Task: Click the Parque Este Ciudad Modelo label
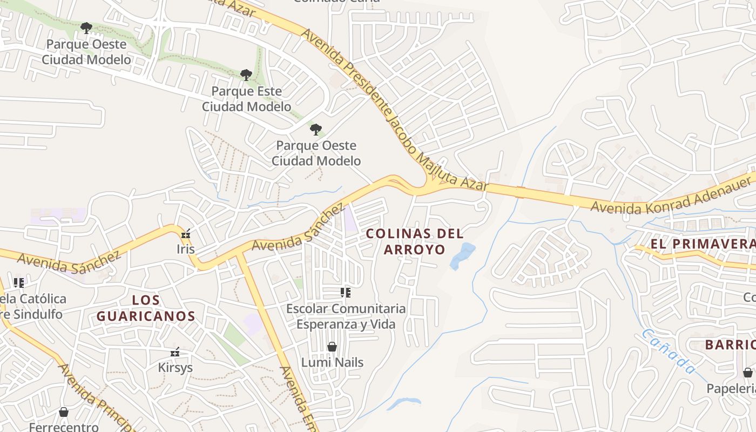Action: tap(246, 99)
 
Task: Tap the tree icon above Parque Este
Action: tap(246, 75)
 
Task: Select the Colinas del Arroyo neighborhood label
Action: tap(415, 241)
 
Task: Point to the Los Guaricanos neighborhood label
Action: tap(146, 308)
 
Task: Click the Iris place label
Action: tap(185, 249)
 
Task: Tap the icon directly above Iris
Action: tap(186, 234)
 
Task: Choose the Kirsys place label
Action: tap(175, 368)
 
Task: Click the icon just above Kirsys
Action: tap(175, 353)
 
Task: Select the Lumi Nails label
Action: tap(332, 362)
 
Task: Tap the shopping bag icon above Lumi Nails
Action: tap(332, 347)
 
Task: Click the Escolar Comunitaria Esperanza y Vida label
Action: tap(346, 316)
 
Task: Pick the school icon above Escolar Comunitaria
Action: tap(346, 293)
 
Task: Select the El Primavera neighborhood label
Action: tap(702, 244)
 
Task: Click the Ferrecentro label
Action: tap(64, 427)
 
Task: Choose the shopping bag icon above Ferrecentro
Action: tap(64, 413)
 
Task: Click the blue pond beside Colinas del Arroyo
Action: tap(462, 255)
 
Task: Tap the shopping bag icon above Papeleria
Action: tap(748, 373)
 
